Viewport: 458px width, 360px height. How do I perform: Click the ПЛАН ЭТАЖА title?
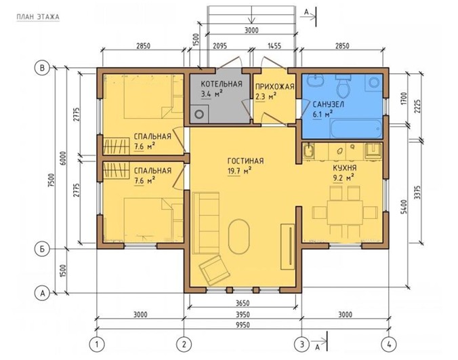[x=38, y=17]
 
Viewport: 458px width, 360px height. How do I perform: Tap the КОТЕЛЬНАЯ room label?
[x=222, y=84]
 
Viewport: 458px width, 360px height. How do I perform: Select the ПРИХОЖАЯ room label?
[x=274, y=87]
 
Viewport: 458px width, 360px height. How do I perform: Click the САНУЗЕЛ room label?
[x=329, y=104]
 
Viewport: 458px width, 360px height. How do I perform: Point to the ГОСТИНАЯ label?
[x=245, y=161]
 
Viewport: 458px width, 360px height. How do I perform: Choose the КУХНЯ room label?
[x=345, y=168]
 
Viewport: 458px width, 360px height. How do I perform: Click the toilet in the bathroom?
[x=343, y=85]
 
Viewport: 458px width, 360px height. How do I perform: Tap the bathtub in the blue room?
[x=356, y=129]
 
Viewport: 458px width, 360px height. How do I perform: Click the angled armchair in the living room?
[x=215, y=270]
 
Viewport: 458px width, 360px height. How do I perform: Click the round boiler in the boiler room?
[x=199, y=114]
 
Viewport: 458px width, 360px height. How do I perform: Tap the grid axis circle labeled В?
[x=43, y=68]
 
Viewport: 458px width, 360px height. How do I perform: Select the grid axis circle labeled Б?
[x=43, y=249]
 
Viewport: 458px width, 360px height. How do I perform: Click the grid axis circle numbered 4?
[x=389, y=344]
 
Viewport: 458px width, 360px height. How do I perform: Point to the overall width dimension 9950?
[x=243, y=324]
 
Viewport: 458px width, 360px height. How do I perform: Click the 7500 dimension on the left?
[x=51, y=182]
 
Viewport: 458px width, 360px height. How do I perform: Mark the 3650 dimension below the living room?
[x=243, y=303]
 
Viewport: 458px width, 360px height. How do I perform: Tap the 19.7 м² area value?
[x=239, y=171]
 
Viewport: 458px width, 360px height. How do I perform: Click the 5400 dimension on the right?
[x=404, y=207]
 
